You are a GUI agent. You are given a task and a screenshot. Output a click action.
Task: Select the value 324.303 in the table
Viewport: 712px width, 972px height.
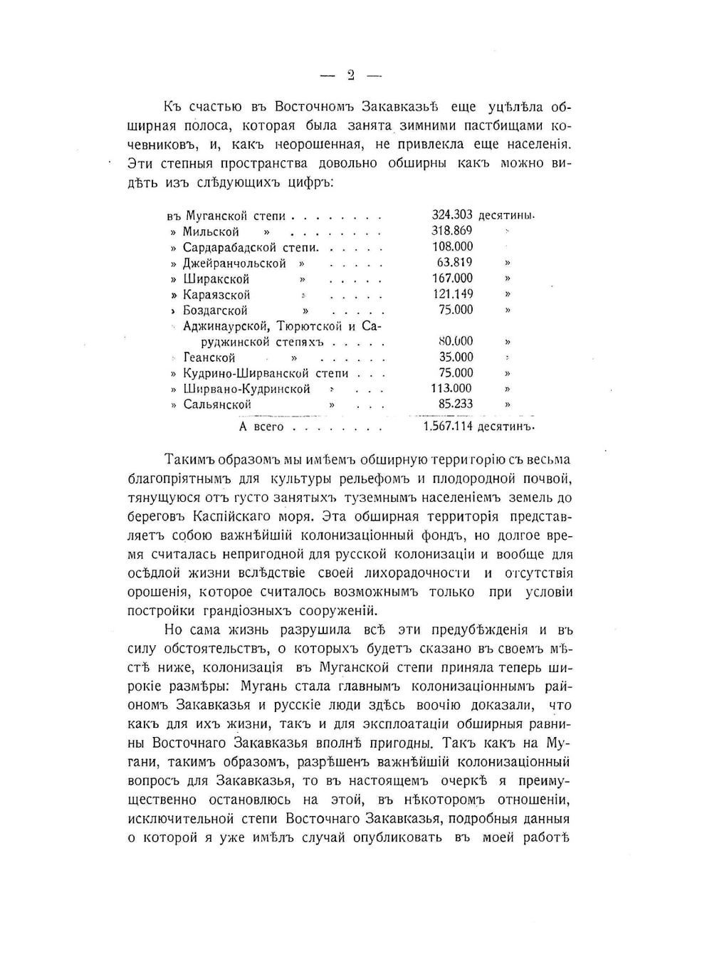point(452,215)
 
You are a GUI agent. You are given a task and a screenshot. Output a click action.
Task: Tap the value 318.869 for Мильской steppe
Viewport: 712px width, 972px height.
point(452,231)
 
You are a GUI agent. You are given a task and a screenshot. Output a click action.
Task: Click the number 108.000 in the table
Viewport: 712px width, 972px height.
point(452,246)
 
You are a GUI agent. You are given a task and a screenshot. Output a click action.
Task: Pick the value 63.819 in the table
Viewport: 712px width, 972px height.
point(455,262)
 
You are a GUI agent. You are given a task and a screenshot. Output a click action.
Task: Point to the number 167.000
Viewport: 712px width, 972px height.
point(452,278)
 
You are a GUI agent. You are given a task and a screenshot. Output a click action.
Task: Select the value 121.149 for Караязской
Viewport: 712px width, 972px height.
point(452,293)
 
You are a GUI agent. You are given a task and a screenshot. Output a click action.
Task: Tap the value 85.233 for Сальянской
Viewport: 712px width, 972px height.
point(456,404)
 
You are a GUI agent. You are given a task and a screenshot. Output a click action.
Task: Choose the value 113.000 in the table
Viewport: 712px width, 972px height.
point(452,388)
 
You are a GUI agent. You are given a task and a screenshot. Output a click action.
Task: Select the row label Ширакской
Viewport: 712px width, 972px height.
point(216,279)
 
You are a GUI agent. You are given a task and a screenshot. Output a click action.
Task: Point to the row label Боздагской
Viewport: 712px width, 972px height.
point(215,310)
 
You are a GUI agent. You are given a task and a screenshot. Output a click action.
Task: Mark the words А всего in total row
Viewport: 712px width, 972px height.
point(261,427)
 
